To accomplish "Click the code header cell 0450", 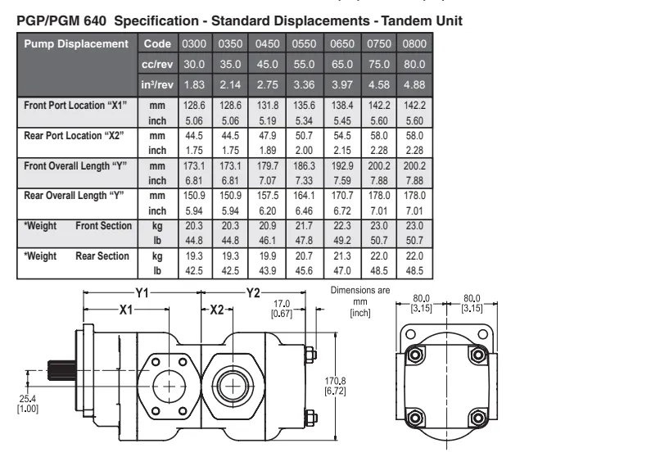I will (264, 44).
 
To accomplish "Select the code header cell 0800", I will (414, 44).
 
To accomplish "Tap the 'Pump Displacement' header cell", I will (75, 44).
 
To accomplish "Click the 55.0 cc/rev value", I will (301, 64).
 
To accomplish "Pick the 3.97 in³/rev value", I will (339, 84).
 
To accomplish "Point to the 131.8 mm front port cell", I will (264, 106).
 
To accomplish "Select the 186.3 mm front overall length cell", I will (301, 166).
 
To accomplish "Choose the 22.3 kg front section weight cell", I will (339, 226).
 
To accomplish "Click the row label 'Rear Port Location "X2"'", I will (67, 136).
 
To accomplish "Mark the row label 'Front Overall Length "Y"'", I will (72, 166).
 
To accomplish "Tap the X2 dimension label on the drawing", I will (216, 310).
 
